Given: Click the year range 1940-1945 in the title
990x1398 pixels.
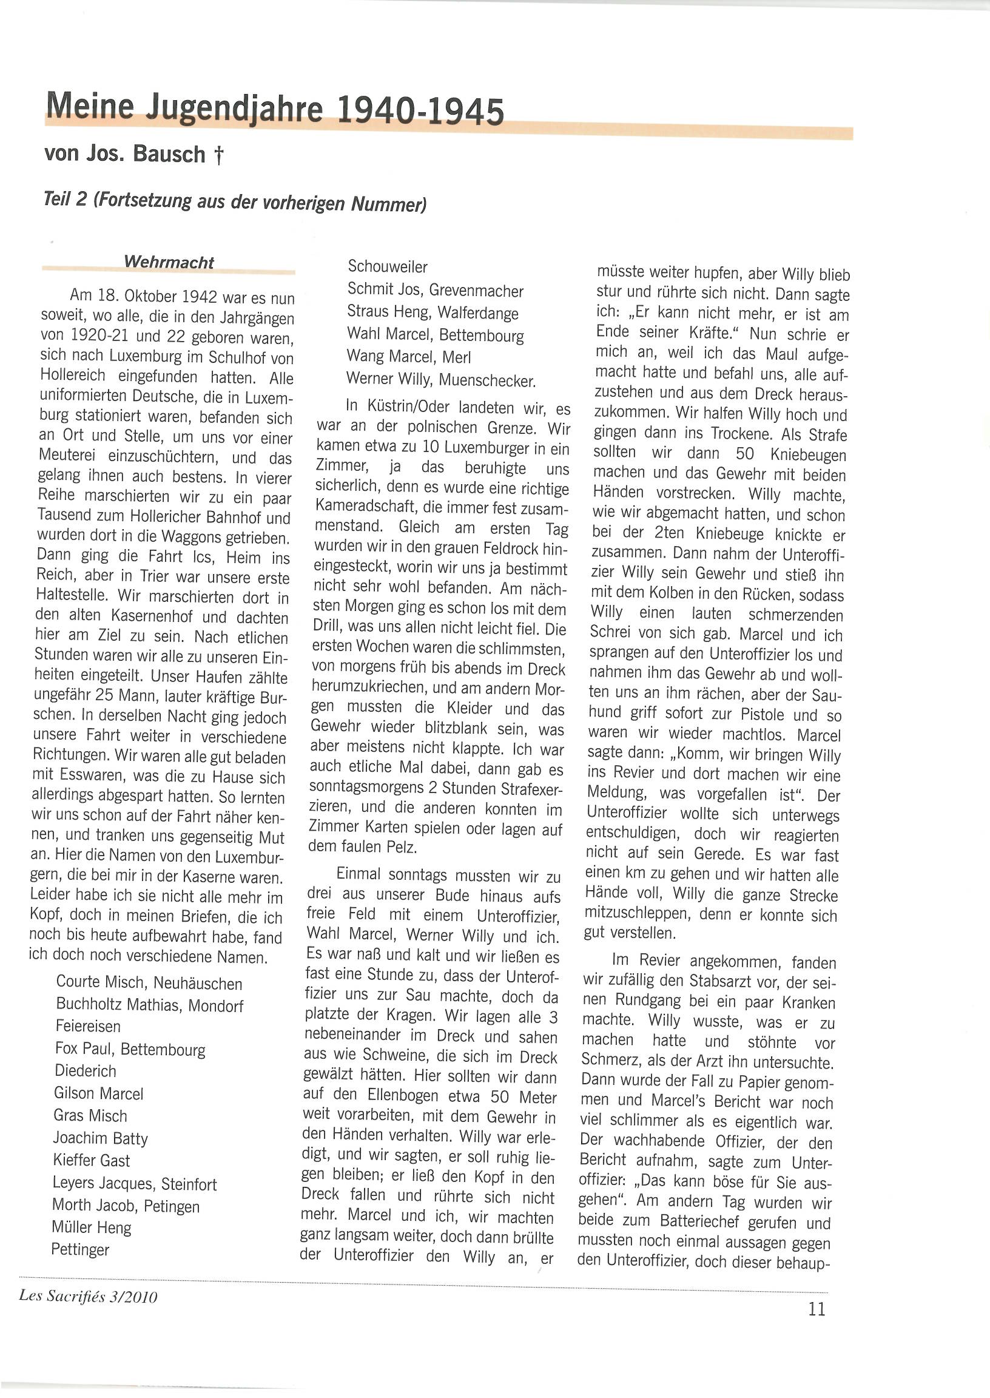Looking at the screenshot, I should click(420, 111).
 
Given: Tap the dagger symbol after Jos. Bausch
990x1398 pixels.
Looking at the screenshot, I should click(219, 156).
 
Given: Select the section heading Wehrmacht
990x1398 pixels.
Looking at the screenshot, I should click(169, 262).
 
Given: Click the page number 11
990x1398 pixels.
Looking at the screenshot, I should click(817, 1309).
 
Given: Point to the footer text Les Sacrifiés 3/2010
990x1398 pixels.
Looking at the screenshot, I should click(89, 1295).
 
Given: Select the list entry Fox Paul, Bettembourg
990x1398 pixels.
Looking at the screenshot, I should click(130, 1049).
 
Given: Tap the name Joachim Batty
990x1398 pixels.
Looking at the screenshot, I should click(101, 1138).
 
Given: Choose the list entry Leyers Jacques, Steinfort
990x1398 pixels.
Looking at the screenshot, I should click(134, 1184).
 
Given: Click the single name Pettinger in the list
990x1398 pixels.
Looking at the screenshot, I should click(80, 1249).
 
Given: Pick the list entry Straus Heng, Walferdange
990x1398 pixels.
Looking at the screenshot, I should click(432, 312).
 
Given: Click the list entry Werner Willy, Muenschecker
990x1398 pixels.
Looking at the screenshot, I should click(441, 380).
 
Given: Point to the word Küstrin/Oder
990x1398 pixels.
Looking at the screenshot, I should click(398, 406).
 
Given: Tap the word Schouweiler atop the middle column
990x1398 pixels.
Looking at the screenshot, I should click(387, 266).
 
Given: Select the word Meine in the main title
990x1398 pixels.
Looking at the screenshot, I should click(90, 105).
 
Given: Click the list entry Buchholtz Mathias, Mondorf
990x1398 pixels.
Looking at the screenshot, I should click(149, 1005).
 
